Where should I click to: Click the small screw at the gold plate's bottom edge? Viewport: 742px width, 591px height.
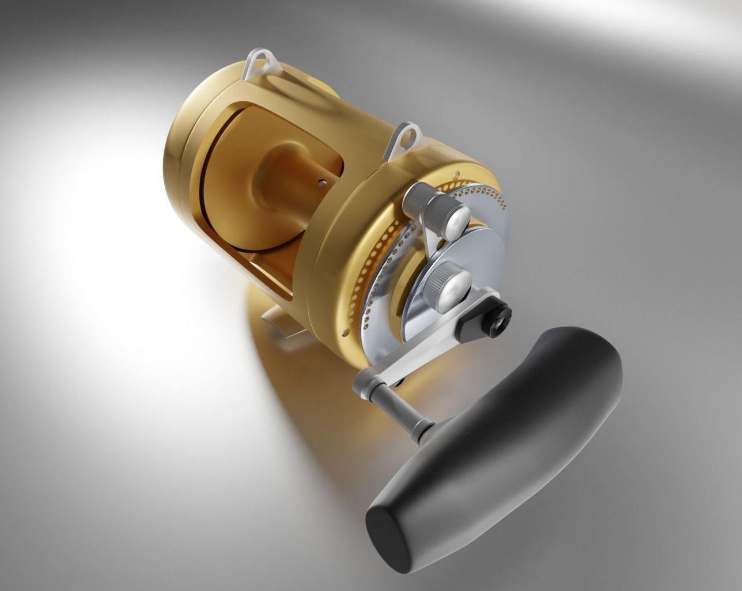point(345,331)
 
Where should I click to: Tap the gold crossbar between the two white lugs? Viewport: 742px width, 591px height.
point(334,98)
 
